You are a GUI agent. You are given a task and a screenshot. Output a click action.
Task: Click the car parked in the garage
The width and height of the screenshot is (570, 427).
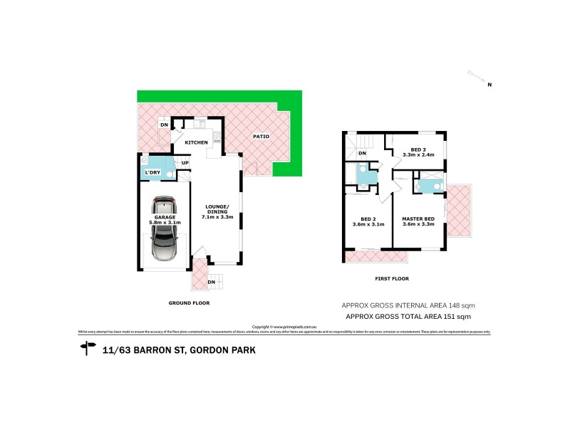point(165,230)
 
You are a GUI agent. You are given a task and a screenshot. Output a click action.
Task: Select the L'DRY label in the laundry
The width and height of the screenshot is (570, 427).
point(153,173)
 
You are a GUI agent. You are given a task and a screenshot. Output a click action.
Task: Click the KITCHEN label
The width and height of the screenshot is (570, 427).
point(196,143)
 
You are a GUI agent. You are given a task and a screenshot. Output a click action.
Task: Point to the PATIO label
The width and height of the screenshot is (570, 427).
point(261,137)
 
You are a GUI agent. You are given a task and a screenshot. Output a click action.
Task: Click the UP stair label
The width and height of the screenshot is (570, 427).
point(185,163)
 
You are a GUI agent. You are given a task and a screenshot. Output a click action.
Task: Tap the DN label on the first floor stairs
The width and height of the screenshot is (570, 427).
point(362,153)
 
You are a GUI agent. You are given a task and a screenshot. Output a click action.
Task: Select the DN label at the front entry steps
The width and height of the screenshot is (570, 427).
point(211,283)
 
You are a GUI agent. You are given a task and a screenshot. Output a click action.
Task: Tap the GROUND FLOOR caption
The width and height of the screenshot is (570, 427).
point(190,302)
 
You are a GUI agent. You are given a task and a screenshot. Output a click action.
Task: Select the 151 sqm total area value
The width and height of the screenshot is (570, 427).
point(457,316)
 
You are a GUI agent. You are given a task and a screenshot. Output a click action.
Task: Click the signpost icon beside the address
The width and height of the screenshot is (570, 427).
point(88,348)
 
